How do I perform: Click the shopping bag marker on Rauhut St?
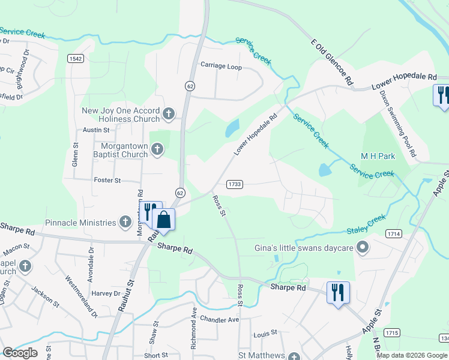(x=163, y=220)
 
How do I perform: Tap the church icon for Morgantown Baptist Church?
(x=157, y=149)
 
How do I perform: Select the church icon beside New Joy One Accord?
(x=169, y=113)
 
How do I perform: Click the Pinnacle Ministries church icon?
(x=125, y=223)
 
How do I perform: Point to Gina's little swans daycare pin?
(x=362, y=247)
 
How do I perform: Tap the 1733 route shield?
(x=235, y=184)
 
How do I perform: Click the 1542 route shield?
(x=75, y=58)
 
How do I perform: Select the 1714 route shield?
(x=394, y=233)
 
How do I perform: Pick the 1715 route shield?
(x=392, y=332)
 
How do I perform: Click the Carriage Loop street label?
(x=221, y=67)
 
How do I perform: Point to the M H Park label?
(x=378, y=156)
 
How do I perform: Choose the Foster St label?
(x=107, y=180)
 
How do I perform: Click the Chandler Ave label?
(x=220, y=319)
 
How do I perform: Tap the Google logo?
(x=20, y=353)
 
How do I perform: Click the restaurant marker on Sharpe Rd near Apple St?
(x=338, y=293)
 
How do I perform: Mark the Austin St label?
(x=96, y=130)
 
